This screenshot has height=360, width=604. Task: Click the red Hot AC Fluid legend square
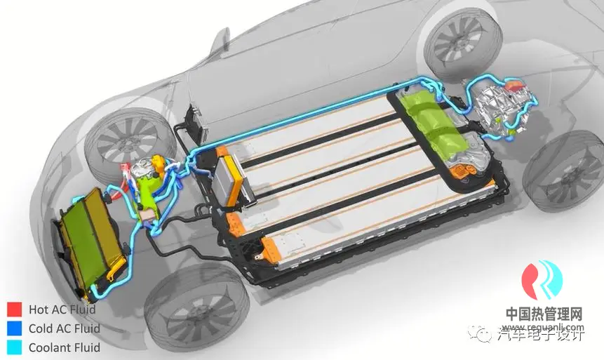coord(15,309)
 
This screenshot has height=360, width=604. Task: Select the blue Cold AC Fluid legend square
coord(15,328)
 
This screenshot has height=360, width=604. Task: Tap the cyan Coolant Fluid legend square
coord(15,347)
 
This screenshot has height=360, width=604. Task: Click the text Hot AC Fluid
coord(62,309)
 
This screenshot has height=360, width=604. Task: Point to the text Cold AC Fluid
coord(64,328)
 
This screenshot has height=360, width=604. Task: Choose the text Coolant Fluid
coord(64,347)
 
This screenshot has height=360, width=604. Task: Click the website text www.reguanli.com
coord(544,327)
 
